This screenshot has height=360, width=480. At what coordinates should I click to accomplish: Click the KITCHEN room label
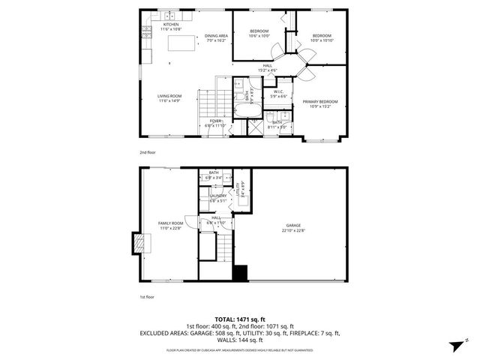[x=171, y=26]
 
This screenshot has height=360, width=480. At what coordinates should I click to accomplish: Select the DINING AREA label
[x=216, y=37]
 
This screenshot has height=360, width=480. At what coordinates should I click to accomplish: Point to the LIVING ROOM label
[x=169, y=98]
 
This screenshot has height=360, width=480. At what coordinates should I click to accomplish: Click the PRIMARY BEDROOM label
[x=319, y=103]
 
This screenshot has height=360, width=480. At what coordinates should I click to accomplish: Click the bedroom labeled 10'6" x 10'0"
[x=259, y=32]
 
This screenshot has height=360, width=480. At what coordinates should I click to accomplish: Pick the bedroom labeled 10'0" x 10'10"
[x=322, y=37]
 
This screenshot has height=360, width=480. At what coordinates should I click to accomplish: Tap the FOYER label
[x=215, y=123]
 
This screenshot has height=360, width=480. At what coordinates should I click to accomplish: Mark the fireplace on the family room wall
[x=137, y=242]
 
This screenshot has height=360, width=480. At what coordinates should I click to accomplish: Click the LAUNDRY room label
[x=217, y=198]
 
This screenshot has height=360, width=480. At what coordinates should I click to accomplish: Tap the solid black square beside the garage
[x=240, y=274]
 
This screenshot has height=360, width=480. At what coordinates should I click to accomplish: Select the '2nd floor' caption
[x=147, y=152]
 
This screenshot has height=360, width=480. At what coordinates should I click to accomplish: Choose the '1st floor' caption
[x=147, y=298]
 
